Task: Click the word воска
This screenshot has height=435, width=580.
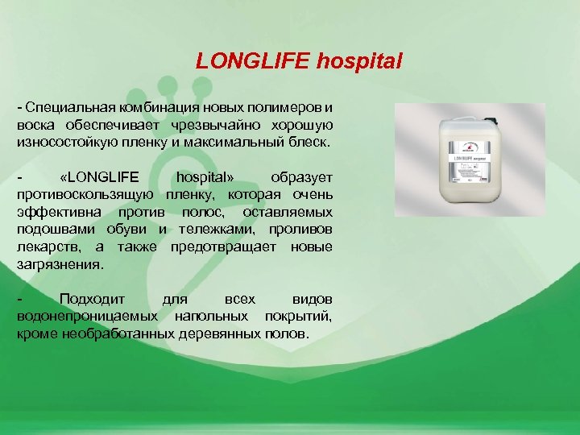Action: [36, 125]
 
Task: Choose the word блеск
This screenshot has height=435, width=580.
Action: [307, 142]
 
